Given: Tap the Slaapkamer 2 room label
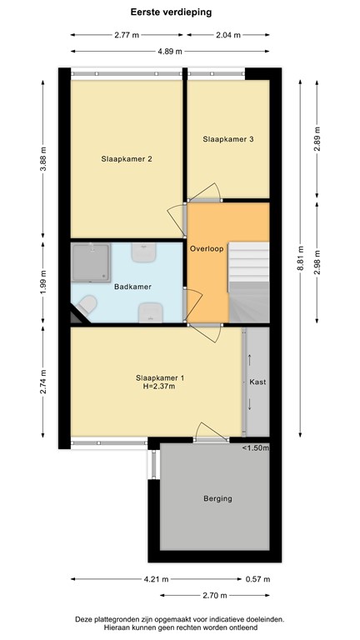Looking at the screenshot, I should pyautogui.click(x=126, y=158).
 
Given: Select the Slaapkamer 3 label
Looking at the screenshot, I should pyautogui.click(x=227, y=139).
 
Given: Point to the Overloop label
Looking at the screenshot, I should pyautogui.click(x=206, y=248).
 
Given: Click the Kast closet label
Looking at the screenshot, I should pyautogui.click(x=257, y=382).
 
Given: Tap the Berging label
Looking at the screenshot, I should pyautogui.click(x=217, y=499).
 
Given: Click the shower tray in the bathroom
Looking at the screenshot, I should pyautogui.click(x=91, y=263).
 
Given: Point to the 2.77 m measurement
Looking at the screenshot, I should pyautogui.click(x=126, y=35).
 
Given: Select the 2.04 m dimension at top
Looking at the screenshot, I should pyautogui.click(x=227, y=35).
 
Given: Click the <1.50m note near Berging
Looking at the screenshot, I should pyautogui.click(x=256, y=449).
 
